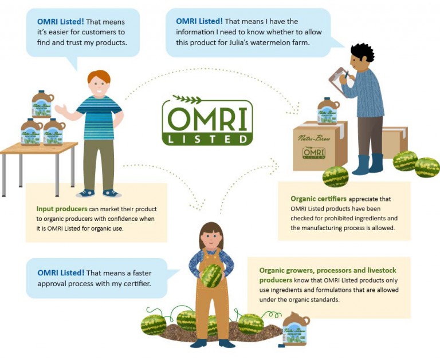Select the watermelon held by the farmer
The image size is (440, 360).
click(211, 275)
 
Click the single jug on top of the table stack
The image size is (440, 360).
click(43, 105)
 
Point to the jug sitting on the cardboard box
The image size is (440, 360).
click(328, 111)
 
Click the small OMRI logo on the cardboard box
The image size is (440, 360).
click(313, 153)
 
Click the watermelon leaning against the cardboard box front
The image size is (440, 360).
click(335, 176)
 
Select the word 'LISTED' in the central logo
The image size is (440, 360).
click(207, 139)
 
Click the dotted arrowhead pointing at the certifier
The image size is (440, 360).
click(296, 108)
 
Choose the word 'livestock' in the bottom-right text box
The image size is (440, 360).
click(379, 270)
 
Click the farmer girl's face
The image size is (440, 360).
click(211, 235)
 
